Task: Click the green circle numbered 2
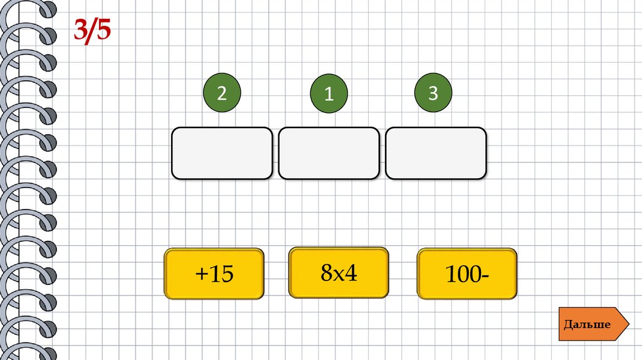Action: click(221, 94)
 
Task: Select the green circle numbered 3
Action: click(433, 94)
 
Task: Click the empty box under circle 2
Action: click(222, 153)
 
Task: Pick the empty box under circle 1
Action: click(329, 153)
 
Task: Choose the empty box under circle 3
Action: click(436, 153)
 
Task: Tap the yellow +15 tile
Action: click(214, 273)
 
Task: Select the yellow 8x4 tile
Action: click(339, 272)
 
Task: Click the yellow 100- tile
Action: click(467, 273)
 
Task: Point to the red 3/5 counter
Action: click(92, 30)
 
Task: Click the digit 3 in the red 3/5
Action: click(80, 30)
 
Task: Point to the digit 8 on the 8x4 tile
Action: click(325, 273)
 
